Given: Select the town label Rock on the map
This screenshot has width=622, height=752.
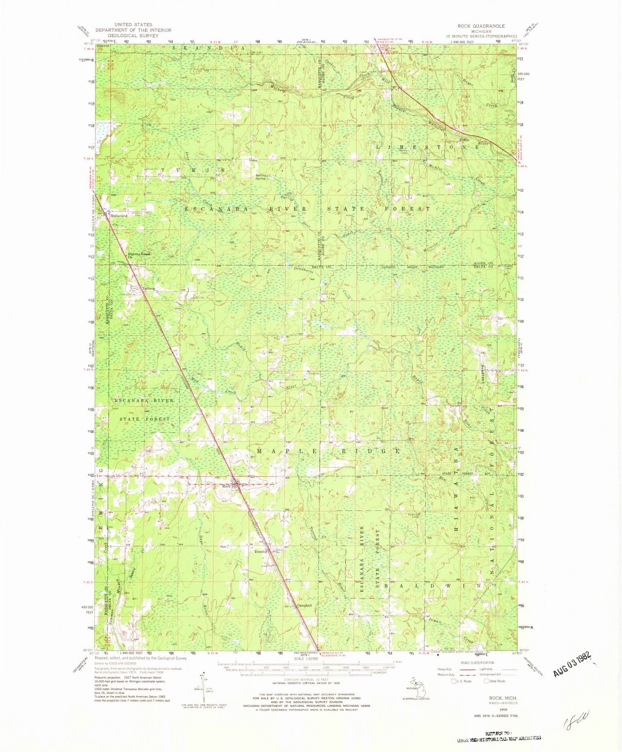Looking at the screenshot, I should click(226, 486).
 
